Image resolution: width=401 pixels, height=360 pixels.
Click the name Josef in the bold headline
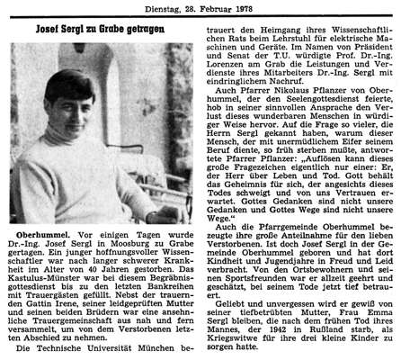(x=50, y=29)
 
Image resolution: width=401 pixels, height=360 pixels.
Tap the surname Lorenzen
(x=235, y=80)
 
